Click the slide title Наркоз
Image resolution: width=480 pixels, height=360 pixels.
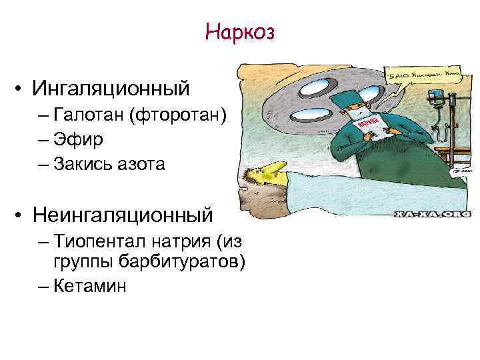[240, 31]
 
